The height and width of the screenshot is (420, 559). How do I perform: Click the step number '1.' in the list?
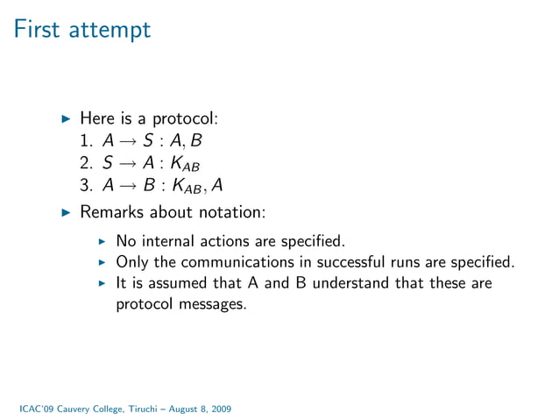click(x=86, y=140)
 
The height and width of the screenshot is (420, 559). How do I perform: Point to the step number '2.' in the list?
click(x=86, y=163)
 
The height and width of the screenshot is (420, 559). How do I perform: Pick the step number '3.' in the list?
click(x=86, y=186)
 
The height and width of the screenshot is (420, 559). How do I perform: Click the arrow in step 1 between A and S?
click(x=126, y=140)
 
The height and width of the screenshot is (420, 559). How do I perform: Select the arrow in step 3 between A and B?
click(x=126, y=186)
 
